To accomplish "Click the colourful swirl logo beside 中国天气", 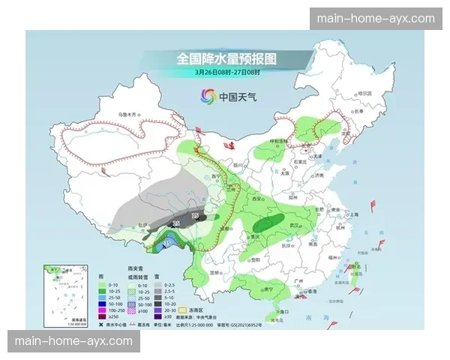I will pyautogui.click(x=207, y=96).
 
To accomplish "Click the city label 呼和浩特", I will pyautogui.click(x=279, y=141).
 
